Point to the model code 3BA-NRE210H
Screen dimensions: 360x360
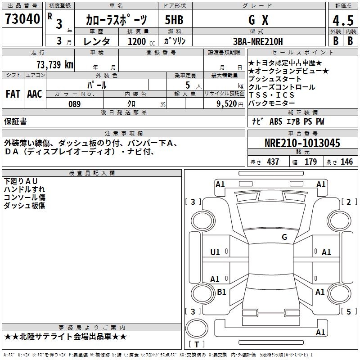pos(258,42)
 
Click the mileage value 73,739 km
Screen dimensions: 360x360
pos(54,64)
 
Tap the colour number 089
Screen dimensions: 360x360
pos(74,104)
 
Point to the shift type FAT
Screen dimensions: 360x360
pos(13,94)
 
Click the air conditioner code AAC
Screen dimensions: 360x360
pos(35,94)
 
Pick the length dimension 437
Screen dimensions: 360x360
pos(273,162)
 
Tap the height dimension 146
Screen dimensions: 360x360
pos(346,162)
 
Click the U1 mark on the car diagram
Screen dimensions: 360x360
pos(215,252)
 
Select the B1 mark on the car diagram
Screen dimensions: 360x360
pos(221,292)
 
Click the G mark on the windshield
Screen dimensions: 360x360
pos(284,237)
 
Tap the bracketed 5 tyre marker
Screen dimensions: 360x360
pos(349,311)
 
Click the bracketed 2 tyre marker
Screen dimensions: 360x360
pos(349,202)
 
